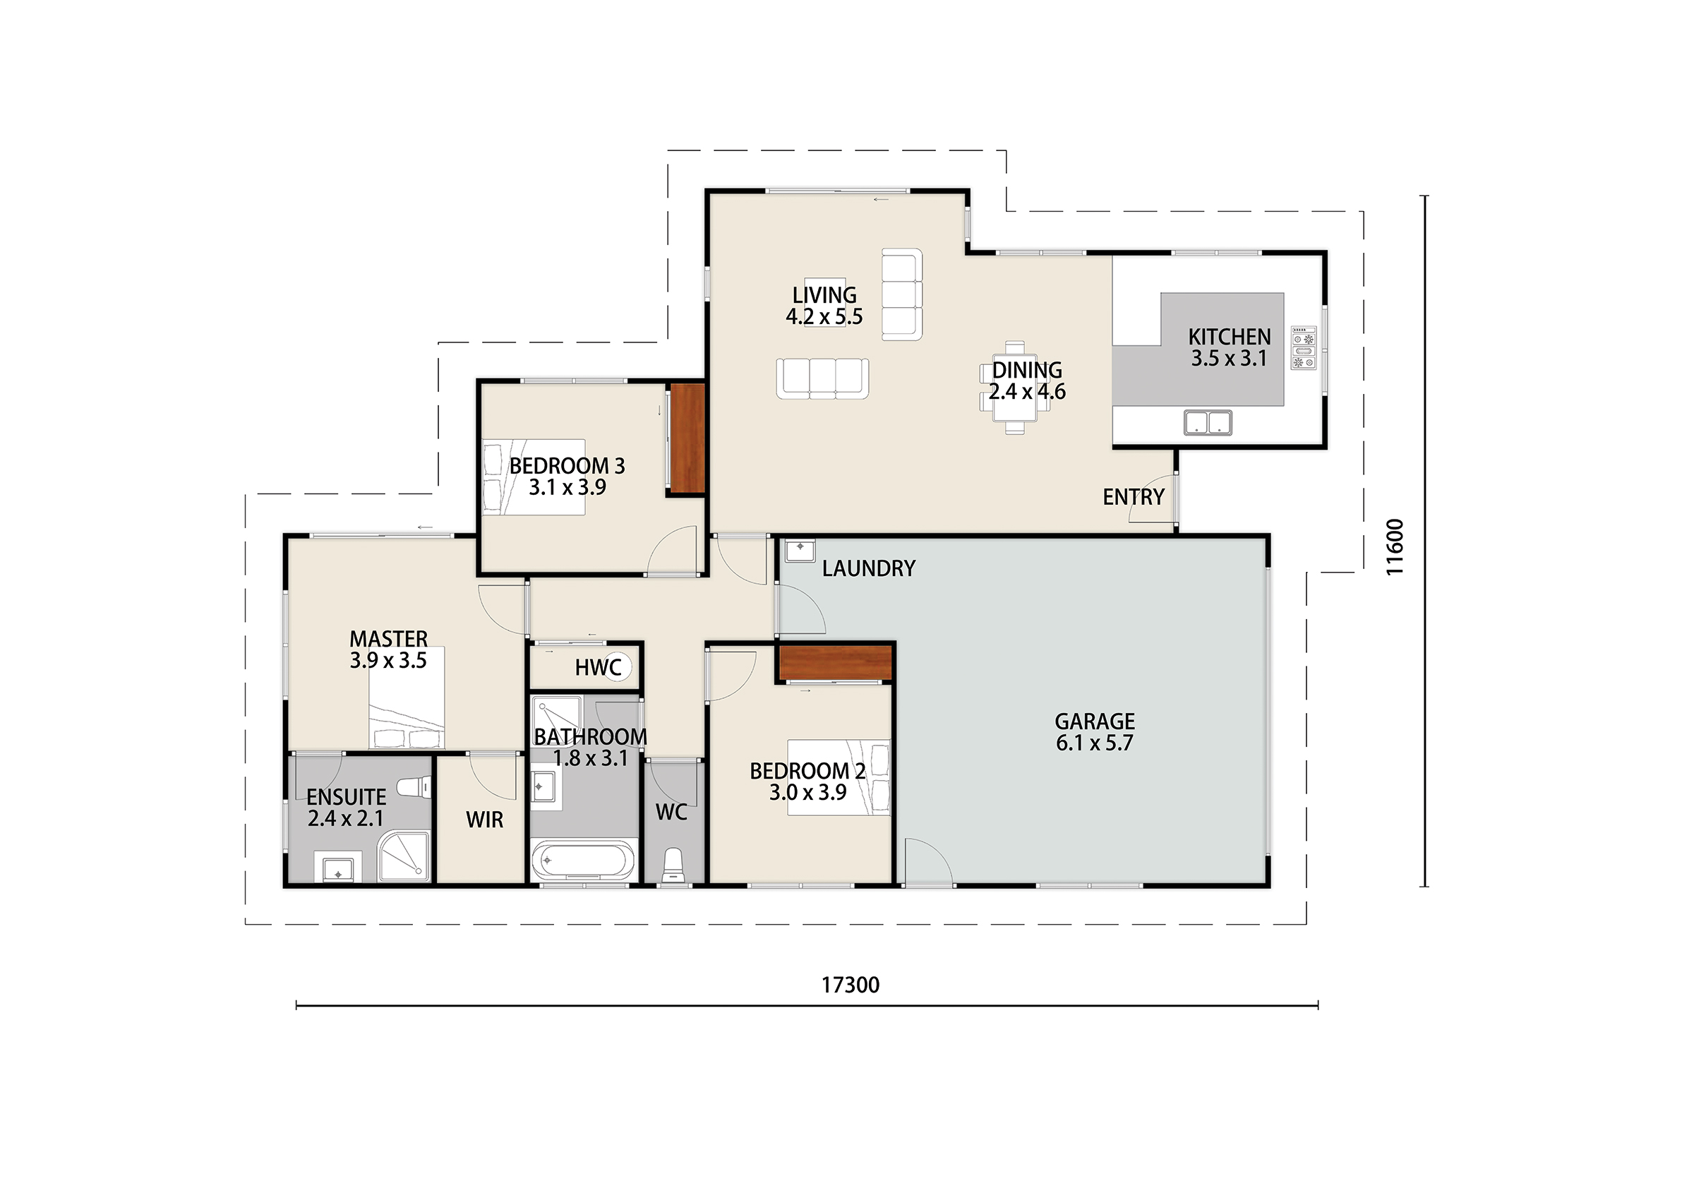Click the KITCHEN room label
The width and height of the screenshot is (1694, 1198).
1229,337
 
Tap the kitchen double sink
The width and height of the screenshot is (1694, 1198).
1208,422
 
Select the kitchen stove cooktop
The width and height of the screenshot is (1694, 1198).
1304,347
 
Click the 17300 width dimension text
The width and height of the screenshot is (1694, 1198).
851,985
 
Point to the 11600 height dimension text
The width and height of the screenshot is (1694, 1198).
1394,547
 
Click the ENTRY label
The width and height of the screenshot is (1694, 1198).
1134,497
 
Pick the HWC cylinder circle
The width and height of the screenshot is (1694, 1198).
616,666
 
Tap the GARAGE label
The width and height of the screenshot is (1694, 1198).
1094,721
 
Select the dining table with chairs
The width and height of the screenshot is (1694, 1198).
1015,388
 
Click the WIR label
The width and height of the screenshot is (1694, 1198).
485,820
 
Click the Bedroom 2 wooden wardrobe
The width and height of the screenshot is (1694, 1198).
836,662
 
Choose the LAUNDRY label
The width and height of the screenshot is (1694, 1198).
868,568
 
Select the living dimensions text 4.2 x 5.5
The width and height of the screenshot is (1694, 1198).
824,317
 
